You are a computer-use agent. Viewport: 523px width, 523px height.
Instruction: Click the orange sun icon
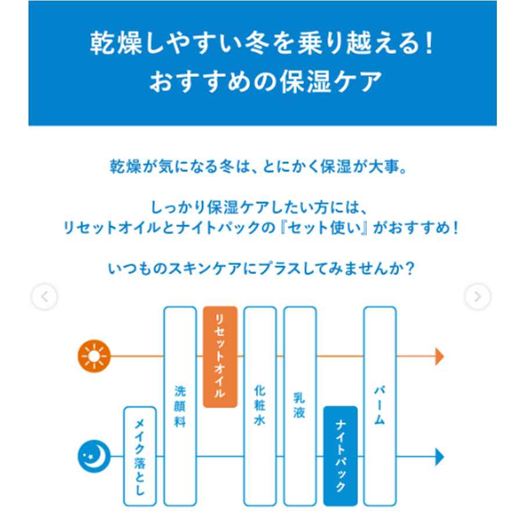point(94,356)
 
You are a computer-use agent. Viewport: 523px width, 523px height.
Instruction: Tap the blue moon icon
point(94,456)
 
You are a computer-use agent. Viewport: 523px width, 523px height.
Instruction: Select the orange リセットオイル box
point(220,357)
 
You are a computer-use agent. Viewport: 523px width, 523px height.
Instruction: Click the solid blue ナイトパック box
point(340,456)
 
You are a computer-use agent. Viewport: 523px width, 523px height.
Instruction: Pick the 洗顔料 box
point(180,406)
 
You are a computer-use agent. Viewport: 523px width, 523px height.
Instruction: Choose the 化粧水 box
point(260,406)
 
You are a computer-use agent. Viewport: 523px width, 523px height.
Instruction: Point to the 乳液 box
point(300,406)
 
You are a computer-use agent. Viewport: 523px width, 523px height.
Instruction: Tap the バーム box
point(380,406)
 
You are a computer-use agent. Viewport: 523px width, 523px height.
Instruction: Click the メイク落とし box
point(140,456)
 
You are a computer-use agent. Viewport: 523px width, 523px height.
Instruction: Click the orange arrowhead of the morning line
point(440,356)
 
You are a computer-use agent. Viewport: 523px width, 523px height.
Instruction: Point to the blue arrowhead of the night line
point(440,457)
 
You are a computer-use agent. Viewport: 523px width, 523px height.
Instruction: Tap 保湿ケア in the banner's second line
point(331,82)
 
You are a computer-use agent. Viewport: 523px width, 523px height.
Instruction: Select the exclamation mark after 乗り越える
point(429,44)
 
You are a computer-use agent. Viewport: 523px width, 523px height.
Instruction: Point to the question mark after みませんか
point(410,268)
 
